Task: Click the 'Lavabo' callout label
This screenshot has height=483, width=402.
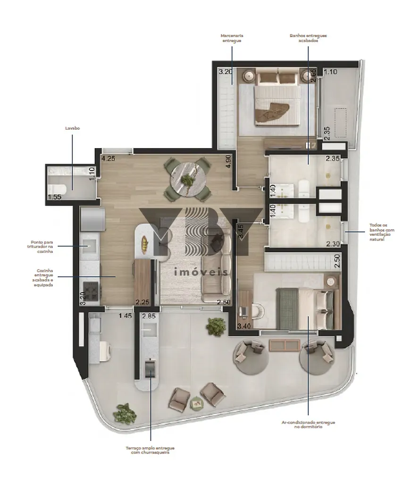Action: click(x=73, y=128)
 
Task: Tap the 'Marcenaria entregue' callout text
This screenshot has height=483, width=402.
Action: click(x=232, y=38)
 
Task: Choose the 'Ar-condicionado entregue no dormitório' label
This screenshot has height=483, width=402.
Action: click(x=308, y=425)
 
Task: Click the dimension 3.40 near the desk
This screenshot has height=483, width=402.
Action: click(x=244, y=326)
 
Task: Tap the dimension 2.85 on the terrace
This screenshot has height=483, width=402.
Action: click(x=149, y=316)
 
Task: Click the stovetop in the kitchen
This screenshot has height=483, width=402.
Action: click(x=91, y=291)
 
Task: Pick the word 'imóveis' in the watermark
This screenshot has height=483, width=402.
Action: click(x=201, y=272)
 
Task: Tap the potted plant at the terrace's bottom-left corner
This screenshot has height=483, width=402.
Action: click(x=124, y=413)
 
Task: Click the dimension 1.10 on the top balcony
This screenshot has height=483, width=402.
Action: click(x=330, y=72)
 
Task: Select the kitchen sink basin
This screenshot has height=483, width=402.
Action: click(x=88, y=243)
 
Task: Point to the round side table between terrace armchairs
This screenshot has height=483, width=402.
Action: click(x=195, y=403)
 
